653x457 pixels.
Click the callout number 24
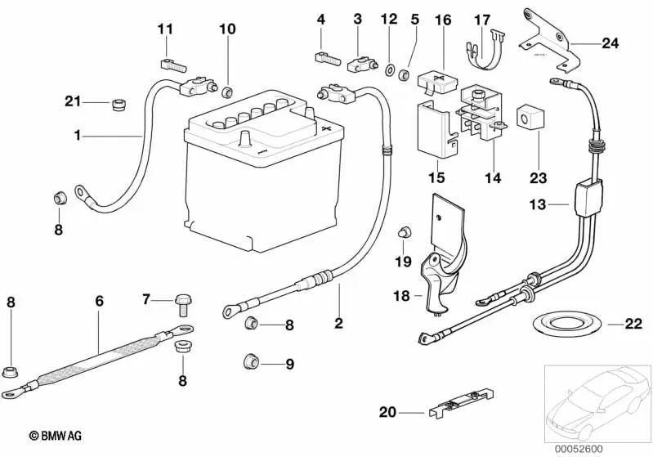coord(611,43)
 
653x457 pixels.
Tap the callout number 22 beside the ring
coord(633,324)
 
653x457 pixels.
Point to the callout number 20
coord(387,413)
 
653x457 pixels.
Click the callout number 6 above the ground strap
coord(99,301)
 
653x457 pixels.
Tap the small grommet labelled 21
coord(119,104)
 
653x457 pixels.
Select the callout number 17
coord(483,19)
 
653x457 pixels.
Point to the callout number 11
coord(166,29)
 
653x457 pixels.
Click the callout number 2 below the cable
coord(338,324)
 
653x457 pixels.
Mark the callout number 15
coord(436,177)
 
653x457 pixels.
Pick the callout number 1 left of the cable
coord(78,135)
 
